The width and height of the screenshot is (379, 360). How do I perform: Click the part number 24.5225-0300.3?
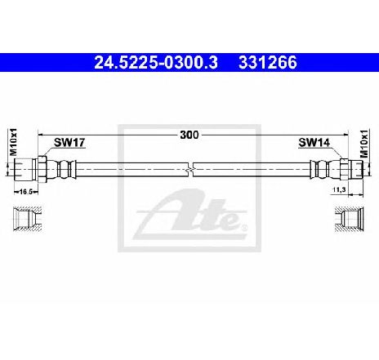pyautogui.click(x=156, y=63)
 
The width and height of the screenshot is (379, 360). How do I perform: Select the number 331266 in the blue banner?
pyautogui.click(x=268, y=63)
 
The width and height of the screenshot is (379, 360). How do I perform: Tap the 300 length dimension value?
pyautogui.click(x=189, y=135)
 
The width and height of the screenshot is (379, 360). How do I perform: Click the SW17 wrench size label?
pyautogui.click(x=69, y=142)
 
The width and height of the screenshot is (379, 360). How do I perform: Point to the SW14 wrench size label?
pyautogui.click(x=314, y=142)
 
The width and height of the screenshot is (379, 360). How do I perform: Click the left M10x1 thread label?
pyautogui.click(x=13, y=142)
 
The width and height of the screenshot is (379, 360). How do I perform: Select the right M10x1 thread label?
pyautogui.click(x=364, y=144)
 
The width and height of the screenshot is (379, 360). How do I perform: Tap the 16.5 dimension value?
pyautogui.click(x=26, y=192)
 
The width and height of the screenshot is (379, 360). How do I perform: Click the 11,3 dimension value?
pyautogui.click(x=339, y=189)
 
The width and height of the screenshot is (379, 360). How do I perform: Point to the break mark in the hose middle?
pyautogui.click(x=192, y=170)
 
